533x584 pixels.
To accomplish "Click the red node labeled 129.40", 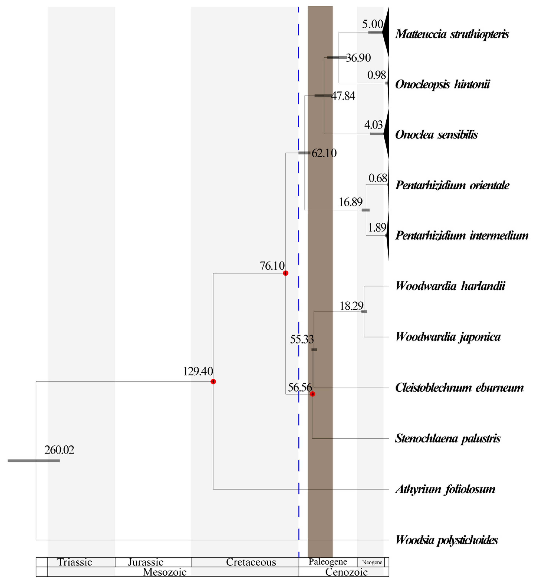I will tap(213, 382).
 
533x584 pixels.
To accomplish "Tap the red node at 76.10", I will tap(286, 273).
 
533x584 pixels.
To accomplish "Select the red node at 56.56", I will tap(312, 394).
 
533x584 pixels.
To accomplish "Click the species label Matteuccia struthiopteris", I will tap(452, 34).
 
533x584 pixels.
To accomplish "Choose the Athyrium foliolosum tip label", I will tap(445, 489).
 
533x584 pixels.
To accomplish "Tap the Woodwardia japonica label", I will tap(448, 337).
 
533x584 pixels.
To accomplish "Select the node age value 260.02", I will tap(59, 450).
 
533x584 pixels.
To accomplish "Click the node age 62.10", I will tap(324, 153).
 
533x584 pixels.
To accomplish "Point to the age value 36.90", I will tap(358, 58).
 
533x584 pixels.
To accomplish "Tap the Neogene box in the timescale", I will tap(372, 562).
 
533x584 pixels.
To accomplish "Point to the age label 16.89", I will tap(350, 202).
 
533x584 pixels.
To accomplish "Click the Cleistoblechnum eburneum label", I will tap(459, 388).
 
